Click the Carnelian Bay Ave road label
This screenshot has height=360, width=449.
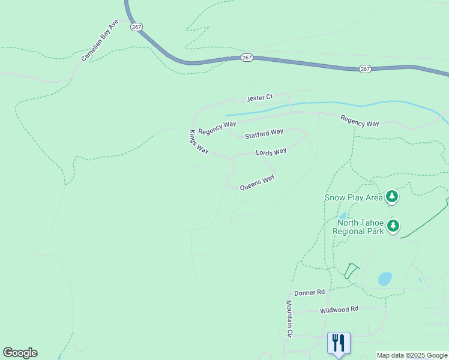tap(100, 41)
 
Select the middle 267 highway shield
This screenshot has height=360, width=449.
tap(247, 58)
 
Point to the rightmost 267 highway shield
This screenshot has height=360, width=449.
tap(365, 70)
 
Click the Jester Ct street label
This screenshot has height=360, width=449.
tap(260, 97)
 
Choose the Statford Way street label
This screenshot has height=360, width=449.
tap(264, 133)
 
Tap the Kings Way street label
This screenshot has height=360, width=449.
tap(199, 142)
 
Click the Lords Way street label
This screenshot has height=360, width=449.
tap(271, 152)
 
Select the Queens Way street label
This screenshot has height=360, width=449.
tap(257, 182)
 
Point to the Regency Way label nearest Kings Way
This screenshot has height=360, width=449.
tap(217, 128)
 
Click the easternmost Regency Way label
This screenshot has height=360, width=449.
tap(360, 121)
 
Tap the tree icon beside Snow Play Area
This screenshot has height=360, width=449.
tap(392, 196)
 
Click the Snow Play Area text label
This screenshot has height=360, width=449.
tap(354, 197)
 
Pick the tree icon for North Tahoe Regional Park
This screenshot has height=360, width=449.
tap(393, 226)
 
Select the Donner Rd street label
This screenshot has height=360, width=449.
tap(309, 292)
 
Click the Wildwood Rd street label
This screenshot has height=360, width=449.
tap(339, 310)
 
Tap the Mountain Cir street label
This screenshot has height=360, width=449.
tap(289, 318)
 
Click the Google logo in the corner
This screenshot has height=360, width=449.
tap(20, 353)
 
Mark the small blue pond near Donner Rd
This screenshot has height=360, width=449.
tap(385, 279)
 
